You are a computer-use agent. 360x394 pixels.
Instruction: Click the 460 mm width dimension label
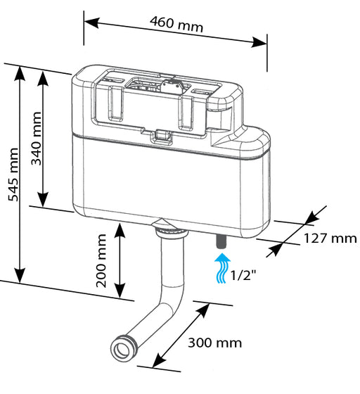click(x=176, y=25)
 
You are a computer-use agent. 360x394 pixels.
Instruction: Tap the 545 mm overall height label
click(x=13, y=175)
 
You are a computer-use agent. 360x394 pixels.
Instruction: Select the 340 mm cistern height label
click(x=36, y=139)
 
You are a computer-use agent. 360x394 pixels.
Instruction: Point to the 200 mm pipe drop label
click(x=101, y=261)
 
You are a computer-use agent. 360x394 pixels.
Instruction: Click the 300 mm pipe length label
click(x=215, y=343)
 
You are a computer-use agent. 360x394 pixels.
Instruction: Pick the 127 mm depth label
click(x=330, y=239)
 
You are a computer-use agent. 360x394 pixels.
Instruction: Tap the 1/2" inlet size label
click(x=243, y=275)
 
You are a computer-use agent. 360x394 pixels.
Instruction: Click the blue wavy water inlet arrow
click(x=222, y=268)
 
